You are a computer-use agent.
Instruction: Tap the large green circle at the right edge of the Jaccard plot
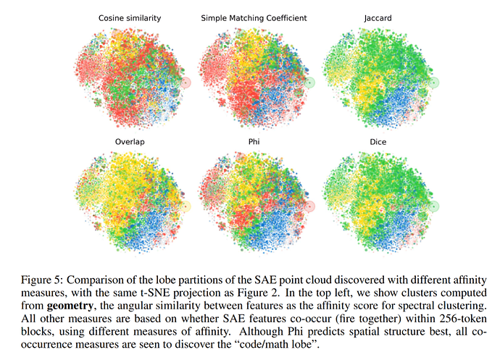[434, 83]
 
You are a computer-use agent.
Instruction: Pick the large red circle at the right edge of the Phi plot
[309, 206]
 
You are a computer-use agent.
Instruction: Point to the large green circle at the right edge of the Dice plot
[434, 206]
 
